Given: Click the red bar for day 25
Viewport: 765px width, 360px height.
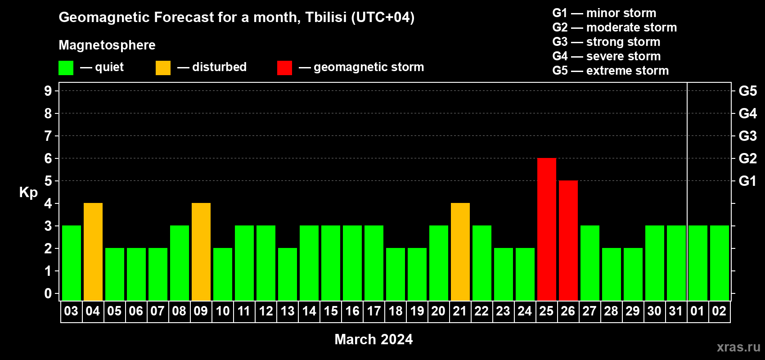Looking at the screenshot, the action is [x=546, y=229].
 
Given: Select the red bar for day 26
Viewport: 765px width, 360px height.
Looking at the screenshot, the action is [x=568, y=240].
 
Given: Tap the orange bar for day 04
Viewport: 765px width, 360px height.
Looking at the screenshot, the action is [x=93, y=252].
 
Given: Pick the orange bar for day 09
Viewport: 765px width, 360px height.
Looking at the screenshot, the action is [x=201, y=252].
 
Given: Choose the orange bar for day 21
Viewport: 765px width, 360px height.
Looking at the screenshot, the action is [x=460, y=252].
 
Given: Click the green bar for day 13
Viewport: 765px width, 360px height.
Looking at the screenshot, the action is [x=288, y=274].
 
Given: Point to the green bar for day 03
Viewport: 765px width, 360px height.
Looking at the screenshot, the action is [x=72, y=263].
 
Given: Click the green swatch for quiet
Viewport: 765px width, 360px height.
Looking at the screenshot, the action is [x=66, y=67].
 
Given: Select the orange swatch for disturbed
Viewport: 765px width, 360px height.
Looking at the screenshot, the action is [x=163, y=67].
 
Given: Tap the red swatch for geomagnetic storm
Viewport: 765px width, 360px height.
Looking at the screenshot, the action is [x=284, y=67].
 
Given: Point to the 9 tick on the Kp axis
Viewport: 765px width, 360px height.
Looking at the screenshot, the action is [x=48, y=91].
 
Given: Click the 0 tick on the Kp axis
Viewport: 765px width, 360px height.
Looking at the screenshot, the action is [x=48, y=293].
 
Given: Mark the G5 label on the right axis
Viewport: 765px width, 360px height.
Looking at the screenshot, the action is [x=748, y=91].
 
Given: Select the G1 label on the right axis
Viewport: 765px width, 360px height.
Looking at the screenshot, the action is [x=747, y=181].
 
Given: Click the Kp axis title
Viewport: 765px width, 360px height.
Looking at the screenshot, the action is [x=28, y=193].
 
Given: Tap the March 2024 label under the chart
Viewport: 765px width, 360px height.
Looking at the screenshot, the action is [x=373, y=339].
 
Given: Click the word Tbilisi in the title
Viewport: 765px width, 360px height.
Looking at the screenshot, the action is [x=326, y=17].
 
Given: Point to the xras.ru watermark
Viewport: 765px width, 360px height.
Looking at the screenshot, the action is [x=738, y=347].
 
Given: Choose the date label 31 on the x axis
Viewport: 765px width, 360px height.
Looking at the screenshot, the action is [x=676, y=311].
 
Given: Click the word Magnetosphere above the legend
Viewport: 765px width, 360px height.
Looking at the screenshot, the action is [x=107, y=45].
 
